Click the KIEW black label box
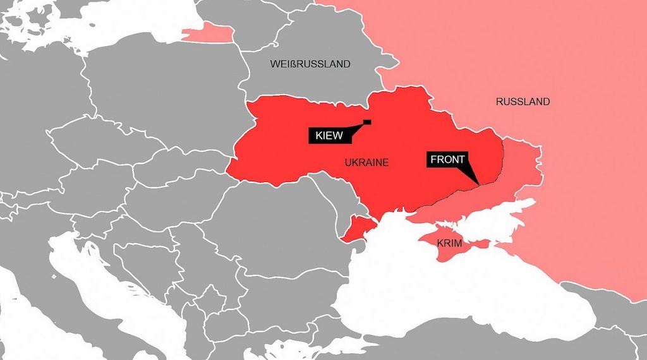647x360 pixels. (x=327, y=135)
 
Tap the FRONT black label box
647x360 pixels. (x=447, y=159)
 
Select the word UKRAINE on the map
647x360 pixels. (x=366, y=163)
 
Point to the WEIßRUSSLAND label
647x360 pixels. (x=310, y=64)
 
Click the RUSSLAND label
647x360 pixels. (x=523, y=102)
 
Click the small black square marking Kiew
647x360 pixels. (x=367, y=122)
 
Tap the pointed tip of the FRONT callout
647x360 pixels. (x=478, y=184)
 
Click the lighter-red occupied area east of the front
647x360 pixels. (x=518, y=171)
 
